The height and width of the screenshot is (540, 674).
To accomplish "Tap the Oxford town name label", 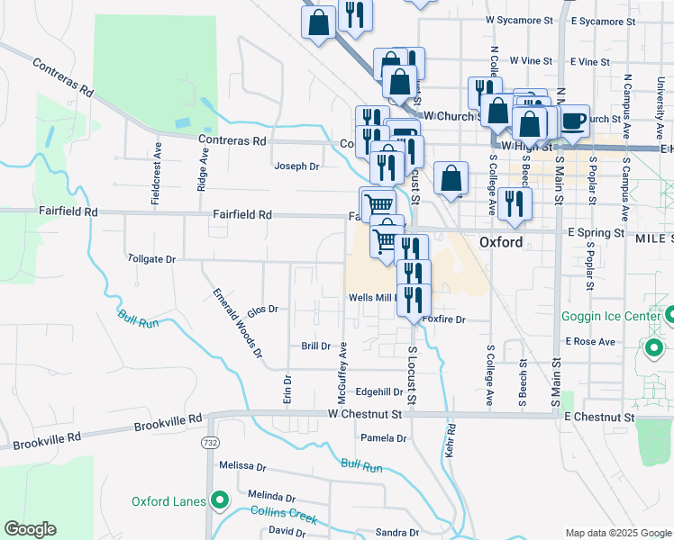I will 501,243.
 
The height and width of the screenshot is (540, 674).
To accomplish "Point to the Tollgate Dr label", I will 151,258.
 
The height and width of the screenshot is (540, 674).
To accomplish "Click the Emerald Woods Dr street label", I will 237,323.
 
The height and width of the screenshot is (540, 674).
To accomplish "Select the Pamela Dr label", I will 384,438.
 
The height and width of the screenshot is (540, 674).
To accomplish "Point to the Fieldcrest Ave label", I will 157,170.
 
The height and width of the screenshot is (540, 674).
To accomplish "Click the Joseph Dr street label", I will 297,166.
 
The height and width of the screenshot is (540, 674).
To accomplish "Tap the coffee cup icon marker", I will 574,120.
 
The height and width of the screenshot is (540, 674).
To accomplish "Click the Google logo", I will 30,529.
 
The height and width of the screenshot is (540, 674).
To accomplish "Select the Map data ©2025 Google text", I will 617,533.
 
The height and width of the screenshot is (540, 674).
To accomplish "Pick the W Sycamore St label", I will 518,19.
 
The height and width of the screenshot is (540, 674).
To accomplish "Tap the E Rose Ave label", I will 590,342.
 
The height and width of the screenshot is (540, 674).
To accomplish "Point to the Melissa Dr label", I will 242,466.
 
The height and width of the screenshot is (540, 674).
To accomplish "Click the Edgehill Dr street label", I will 379,391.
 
